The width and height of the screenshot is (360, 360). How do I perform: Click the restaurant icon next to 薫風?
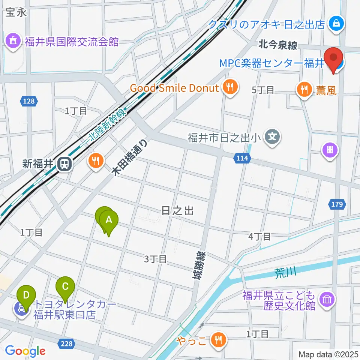coord(302,89)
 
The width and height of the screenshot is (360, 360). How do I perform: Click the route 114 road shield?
coord(242,158)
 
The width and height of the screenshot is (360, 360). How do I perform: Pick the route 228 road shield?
coord(66,343)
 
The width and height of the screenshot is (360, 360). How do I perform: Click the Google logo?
coord(25,351)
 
